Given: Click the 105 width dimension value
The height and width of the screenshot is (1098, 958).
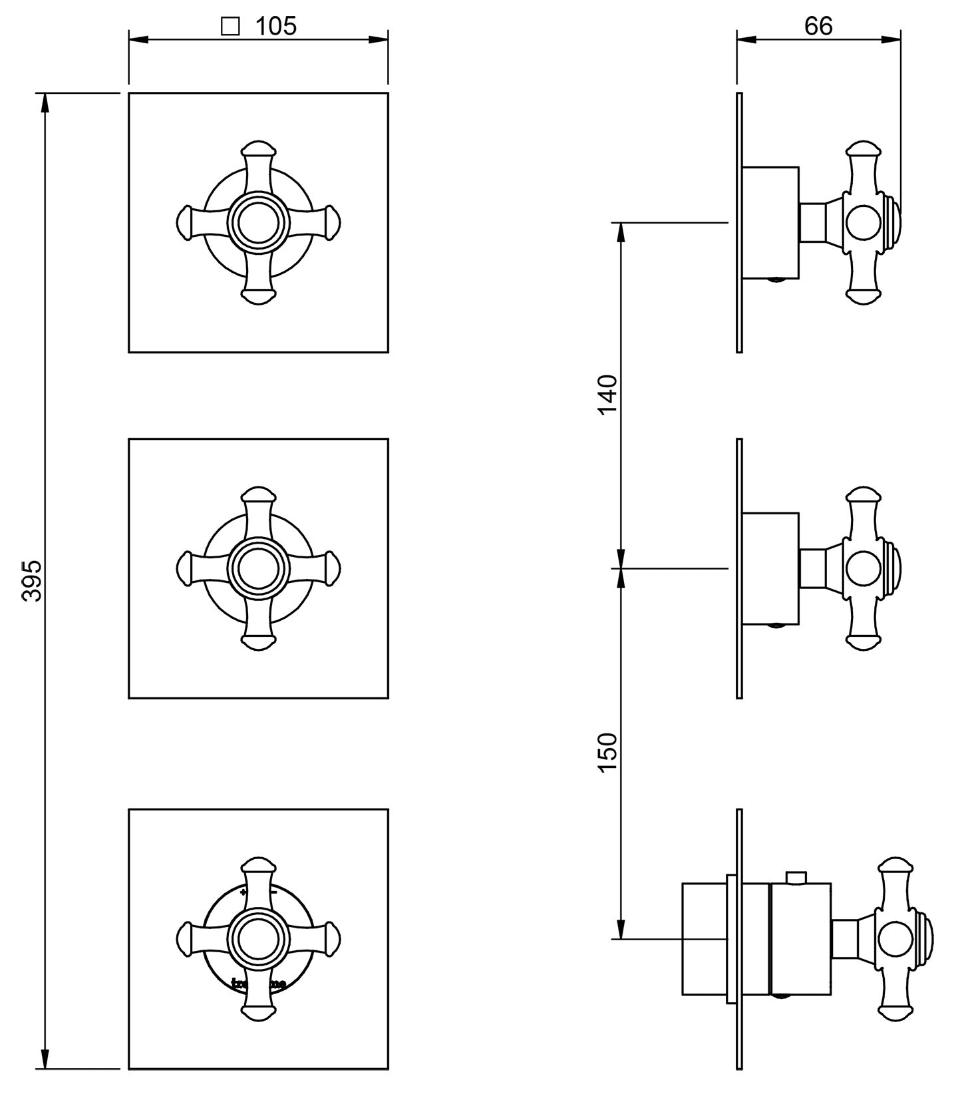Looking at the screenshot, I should point(276,26).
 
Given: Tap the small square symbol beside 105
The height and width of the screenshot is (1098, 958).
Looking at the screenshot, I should point(230,27).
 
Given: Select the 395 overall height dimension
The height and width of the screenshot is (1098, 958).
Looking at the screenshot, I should point(31,581).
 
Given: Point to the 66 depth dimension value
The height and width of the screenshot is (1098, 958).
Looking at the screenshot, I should point(818,26).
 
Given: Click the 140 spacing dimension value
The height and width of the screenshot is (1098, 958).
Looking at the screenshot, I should point(608,395).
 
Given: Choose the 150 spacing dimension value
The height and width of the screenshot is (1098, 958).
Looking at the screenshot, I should point(608,752).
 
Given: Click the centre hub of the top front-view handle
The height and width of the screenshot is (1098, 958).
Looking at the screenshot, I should point(258,222).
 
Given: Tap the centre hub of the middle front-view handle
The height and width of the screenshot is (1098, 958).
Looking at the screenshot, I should point(258,568).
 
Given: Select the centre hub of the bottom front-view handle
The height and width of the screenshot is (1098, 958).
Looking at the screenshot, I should point(258,939).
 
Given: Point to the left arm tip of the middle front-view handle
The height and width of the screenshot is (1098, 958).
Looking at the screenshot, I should point(184,568).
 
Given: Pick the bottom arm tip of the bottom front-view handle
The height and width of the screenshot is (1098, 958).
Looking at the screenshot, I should point(258,1013).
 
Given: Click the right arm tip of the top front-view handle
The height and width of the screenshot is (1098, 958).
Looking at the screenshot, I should point(332,222).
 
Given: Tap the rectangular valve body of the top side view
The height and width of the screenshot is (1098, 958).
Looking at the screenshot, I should point(770,222).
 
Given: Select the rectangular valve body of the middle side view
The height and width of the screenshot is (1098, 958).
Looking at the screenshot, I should point(770,569).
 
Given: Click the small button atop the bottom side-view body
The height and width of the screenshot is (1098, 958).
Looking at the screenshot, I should point(796,877).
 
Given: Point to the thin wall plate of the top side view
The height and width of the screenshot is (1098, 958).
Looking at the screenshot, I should point(739,222).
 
